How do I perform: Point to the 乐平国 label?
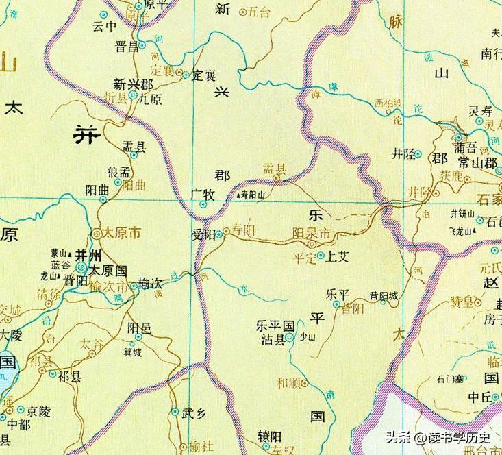pyautogui.click(x=275, y=325)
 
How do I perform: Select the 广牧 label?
pyautogui.click(x=203, y=195)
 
